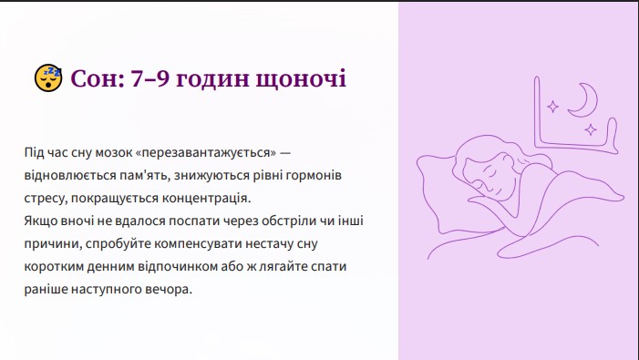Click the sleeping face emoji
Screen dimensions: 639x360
pos(48,77)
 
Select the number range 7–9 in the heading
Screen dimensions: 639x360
pos(149,78)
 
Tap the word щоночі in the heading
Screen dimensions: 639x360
pos(301,79)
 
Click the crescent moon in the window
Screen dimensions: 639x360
pos(585,99)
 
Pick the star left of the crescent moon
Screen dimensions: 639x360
pos(553,107)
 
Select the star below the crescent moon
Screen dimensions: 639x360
pos(591,130)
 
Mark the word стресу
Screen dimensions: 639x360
pos(46,199)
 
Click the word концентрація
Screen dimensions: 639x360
pos(207,199)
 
